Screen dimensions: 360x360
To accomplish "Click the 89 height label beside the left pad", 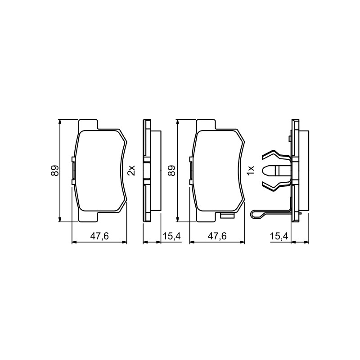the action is coord(55,171).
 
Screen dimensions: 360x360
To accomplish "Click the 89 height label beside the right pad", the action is coord(171,171).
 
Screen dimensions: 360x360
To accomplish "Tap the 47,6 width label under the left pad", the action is coord(99,236).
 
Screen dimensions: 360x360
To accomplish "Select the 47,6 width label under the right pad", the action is coord(217,236).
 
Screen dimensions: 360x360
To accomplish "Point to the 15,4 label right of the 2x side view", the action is coord(172,236).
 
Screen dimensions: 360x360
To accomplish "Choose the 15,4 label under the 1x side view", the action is coord(279,236).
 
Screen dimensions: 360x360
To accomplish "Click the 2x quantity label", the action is coord(131,171).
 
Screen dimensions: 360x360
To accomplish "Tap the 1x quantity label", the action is coord(251,171).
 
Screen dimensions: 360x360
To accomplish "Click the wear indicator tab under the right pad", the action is coord(227,216).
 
